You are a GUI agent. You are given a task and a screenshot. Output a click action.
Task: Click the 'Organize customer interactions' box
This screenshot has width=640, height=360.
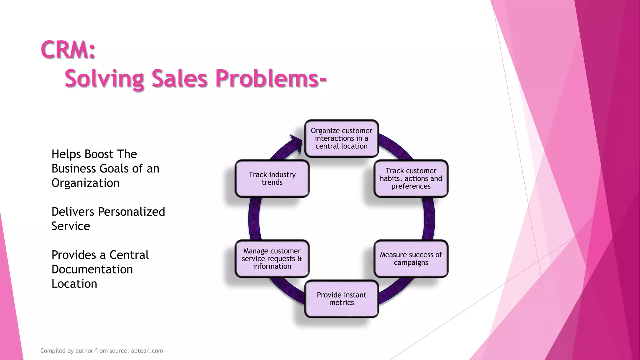342,138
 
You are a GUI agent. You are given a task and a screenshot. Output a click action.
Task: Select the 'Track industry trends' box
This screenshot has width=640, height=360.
272,178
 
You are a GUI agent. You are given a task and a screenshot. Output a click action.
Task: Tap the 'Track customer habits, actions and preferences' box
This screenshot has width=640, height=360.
411,178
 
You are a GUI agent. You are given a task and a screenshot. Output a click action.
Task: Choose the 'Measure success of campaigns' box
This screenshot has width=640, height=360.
411,258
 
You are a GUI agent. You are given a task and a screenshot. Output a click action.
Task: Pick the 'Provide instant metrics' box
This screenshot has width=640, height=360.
342,299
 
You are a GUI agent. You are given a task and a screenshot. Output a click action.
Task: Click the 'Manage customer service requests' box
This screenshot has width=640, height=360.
272,258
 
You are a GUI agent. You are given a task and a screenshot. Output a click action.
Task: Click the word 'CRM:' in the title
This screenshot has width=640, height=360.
68,50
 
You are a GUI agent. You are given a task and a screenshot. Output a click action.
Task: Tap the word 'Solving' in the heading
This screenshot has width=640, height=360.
104,79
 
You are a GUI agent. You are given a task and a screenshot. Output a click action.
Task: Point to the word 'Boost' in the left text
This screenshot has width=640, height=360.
99,154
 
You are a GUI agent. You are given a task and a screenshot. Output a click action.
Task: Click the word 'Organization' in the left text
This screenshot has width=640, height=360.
85,183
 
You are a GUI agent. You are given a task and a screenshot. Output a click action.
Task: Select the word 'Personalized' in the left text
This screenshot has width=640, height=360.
132,212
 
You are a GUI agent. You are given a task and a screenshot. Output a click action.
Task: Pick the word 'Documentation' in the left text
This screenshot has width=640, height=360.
92,269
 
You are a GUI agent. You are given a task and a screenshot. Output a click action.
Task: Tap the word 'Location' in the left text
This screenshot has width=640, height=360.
74,284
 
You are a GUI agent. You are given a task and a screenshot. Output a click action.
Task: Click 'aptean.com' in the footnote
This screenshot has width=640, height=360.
147,351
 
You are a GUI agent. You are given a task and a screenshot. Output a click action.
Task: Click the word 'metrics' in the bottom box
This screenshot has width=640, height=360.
342,302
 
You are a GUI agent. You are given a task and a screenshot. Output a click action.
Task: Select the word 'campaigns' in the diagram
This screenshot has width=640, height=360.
411,262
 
